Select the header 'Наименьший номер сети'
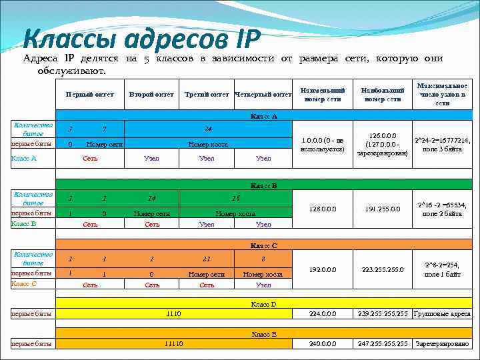323,94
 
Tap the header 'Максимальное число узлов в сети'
442,94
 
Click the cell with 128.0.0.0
323,209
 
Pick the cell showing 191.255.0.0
382,209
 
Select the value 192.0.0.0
323,269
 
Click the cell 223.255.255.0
382,269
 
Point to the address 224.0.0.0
323,313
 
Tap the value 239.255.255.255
382,313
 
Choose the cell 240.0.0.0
323,344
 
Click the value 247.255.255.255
382,344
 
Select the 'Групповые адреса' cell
442,313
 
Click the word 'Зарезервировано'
442,344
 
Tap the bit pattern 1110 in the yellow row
173,313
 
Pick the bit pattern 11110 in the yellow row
173,344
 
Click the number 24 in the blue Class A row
208,129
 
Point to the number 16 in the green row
235,198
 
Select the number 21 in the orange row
207,259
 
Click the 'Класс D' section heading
263,304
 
